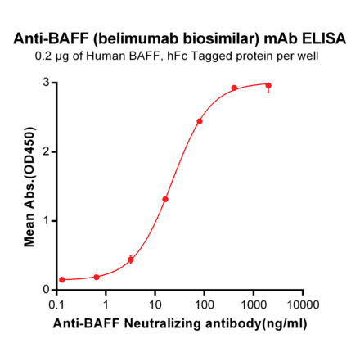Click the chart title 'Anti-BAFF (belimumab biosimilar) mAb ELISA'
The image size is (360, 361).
[x=180, y=38]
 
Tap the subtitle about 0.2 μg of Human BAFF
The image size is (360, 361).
[x=180, y=56]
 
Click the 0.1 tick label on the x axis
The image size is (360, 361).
[x=57, y=303]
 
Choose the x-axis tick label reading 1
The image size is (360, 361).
[x=106, y=303]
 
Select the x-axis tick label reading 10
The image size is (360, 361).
[x=155, y=303]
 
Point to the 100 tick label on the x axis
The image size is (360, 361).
[x=205, y=303]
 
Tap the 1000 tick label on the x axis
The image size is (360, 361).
[x=254, y=303]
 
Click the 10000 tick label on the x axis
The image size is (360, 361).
[x=303, y=303]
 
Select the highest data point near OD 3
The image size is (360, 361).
[x=268, y=85]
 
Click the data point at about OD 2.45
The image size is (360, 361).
[x=200, y=121]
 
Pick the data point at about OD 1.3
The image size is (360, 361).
[x=165, y=199]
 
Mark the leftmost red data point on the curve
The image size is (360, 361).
[x=62, y=280]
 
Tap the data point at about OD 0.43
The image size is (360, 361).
[x=131, y=259]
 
